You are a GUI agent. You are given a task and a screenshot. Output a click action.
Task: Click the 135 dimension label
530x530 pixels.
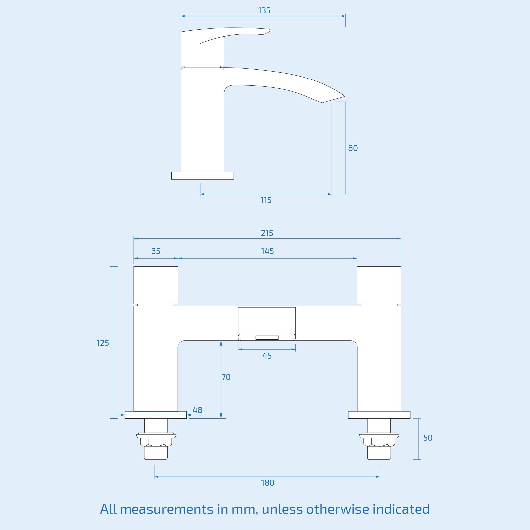tap(264, 11)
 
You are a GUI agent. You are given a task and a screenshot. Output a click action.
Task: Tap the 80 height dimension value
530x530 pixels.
tap(353, 148)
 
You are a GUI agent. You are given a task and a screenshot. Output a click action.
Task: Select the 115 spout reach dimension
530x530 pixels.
tap(266, 200)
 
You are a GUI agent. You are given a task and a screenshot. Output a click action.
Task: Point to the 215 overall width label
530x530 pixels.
tap(267, 233)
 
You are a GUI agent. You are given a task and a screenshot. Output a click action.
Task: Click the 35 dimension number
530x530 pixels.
tap(156, 251)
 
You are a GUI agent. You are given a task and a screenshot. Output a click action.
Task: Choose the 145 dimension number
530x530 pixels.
tap(267, 251)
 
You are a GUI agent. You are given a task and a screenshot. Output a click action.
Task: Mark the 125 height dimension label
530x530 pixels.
tap(103, 343)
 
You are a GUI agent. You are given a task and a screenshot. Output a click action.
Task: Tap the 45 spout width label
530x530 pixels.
tap(267, 356)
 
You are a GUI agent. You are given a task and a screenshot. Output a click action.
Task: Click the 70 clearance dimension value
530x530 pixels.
tap(226, 377)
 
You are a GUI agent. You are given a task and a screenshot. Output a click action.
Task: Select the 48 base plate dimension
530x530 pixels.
tap(197, 410)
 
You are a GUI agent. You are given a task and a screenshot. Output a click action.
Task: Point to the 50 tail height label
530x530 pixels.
tap(428, 438)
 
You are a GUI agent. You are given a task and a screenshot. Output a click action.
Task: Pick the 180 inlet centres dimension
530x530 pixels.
tap(267, 483)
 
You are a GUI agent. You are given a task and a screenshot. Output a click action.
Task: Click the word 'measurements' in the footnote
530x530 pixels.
tap(167, 509)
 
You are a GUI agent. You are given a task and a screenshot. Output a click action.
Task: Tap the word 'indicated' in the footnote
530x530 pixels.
tap(401, 509)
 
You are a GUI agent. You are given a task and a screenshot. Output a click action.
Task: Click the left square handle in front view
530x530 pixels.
tap(156, 285)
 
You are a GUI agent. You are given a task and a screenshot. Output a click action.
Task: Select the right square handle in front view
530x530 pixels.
tap(379, 285)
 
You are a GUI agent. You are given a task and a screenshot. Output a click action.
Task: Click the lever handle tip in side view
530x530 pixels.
tap(267, 31)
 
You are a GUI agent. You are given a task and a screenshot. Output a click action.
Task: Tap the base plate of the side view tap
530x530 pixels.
tap(202, 176)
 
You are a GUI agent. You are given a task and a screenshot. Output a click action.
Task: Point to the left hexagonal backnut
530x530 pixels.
tap(156, 441)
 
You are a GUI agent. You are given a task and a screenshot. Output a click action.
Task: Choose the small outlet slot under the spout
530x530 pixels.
tap(267, 338)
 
